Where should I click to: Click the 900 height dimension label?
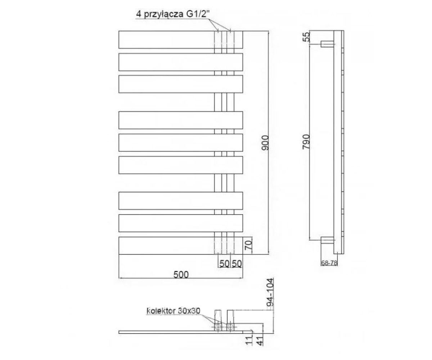pos(265,143)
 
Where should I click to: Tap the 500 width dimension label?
pos(181,275)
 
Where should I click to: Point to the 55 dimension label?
pos(307,37)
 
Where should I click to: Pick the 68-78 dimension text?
pos(329,263)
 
